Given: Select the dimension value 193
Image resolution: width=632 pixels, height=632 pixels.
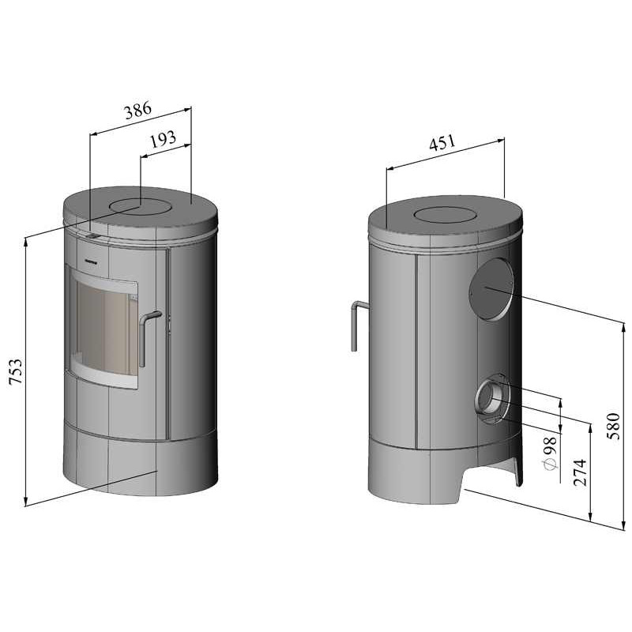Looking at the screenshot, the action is click(x=164, y=139).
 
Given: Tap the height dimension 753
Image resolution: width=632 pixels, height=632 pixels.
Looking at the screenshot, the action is click(x=16, y=371).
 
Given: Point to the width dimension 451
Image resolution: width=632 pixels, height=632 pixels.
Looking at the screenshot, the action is click(x=442, y=143).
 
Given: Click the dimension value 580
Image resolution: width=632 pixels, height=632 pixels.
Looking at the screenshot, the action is click(x=613, y=426).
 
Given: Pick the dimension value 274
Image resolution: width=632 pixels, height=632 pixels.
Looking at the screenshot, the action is click(x=580, y=472).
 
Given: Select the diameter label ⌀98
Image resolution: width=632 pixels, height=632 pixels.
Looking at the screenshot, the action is click(x=551, y=453).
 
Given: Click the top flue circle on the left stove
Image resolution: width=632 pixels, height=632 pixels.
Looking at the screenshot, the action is click(x=141, y=206).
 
